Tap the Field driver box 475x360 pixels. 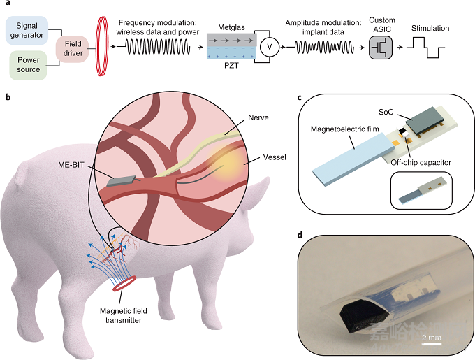coord(71,50)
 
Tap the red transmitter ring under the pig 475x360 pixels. coord(120,285)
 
